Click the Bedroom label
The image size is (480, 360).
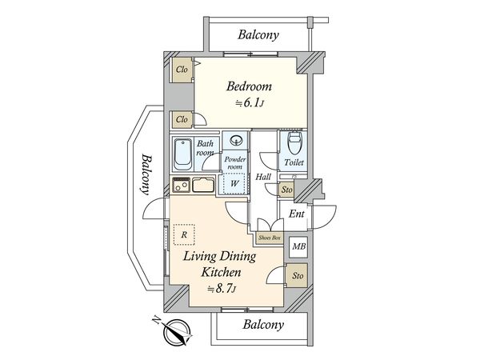coord(249,86)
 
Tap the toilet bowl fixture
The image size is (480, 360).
coord(295,143)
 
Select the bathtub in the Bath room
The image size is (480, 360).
coord(182,154)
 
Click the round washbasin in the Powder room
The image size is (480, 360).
coord(236,141)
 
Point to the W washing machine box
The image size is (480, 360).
coord(234,184)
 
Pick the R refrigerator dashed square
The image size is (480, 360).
coord(184,234)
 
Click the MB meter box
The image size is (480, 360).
coord(298,246)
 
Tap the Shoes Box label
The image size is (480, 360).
coord(270,238)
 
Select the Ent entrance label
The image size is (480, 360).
coord(296,214)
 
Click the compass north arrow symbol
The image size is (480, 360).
coord(176,332)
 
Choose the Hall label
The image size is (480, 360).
coord(263,177)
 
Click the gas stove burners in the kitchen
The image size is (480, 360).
coord(182,185)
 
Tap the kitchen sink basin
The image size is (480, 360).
coord(203,185)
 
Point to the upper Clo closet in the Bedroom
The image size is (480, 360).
coord(182,70)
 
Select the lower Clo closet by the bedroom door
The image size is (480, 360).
coord(182,119)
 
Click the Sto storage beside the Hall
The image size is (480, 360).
coord(286,190)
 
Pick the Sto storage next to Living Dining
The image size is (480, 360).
coord(298,275)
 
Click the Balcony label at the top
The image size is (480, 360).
coord(258,34)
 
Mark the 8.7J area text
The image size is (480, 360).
coord(222,289)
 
